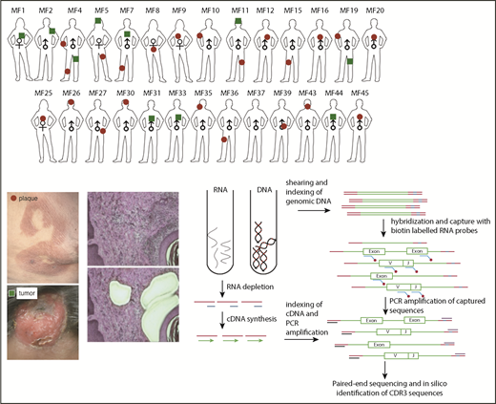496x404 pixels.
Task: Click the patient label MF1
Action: pos(18,10)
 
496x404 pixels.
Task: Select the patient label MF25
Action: pos(42,94)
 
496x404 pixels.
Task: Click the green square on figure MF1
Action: pos(20,36)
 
